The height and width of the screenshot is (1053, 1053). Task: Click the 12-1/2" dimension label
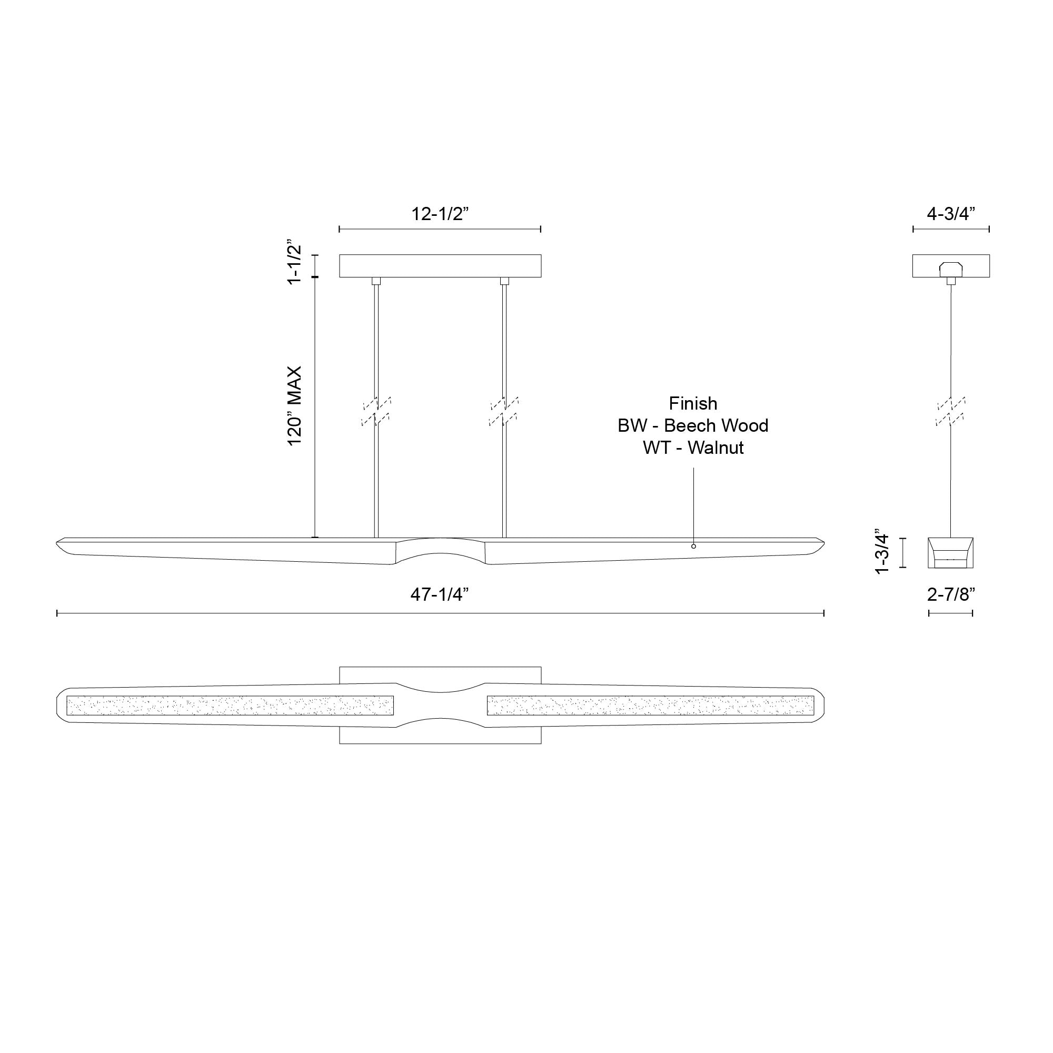440,214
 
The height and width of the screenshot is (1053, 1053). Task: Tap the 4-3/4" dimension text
950,214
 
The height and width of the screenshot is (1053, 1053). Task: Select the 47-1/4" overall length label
440,594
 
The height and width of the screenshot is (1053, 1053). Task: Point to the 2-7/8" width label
950,594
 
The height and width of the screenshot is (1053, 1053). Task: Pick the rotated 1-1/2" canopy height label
294,261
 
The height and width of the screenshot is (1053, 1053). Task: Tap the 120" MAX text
294,405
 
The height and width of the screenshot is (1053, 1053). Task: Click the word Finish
693,403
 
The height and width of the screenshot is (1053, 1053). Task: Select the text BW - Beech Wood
693,425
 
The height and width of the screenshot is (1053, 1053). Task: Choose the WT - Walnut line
693,448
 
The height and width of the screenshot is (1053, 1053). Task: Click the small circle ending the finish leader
693,546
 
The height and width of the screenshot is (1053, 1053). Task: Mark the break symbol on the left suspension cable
376,412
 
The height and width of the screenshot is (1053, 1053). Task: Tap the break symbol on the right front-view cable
504,412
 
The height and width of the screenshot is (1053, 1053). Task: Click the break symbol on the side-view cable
950,412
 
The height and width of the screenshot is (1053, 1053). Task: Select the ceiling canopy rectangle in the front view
440,266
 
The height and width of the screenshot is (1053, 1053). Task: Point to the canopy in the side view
950,266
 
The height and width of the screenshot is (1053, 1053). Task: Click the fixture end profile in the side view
950,552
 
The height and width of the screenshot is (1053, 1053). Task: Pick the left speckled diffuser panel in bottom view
230,706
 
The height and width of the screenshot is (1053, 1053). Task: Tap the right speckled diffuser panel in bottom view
650,706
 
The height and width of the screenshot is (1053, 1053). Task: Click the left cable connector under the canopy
376,281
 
